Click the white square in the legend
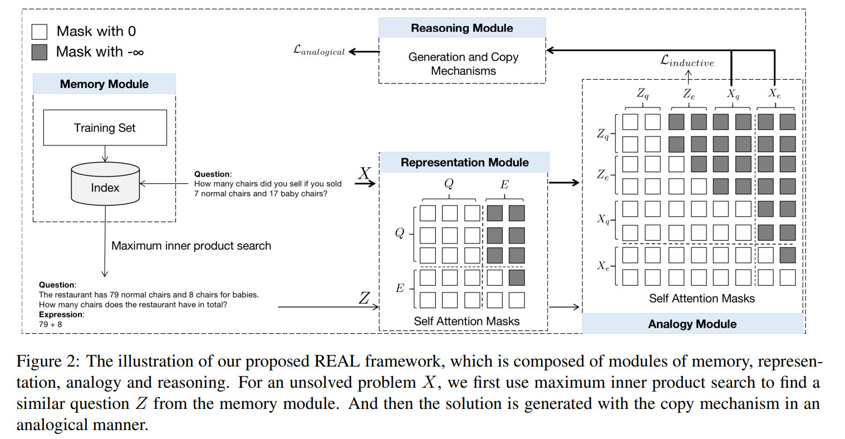click(x=40, y=31)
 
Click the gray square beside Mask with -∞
click(x=40, y=52)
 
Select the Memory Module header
click(x=104, y=84)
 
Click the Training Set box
click(x=105, y=128)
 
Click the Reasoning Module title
click(x=461, y=28)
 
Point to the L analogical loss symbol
click(x=319, y=51)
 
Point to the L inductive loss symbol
click(x=686, y=61)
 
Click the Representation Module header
click(x=464, y=163)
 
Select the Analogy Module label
click(x=692, y=324)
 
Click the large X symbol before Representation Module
click(x=364, y=174)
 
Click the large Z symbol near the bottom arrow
click(x=364, y=299)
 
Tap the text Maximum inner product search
click(x=191, y=246)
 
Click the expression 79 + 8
click(x=50, y=324)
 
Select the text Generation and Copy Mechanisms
click(x=463, y=64)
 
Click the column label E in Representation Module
click(x=504, y=184)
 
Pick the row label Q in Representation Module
click(x=399, y=233)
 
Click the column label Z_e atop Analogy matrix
click(x=689, y=94)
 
